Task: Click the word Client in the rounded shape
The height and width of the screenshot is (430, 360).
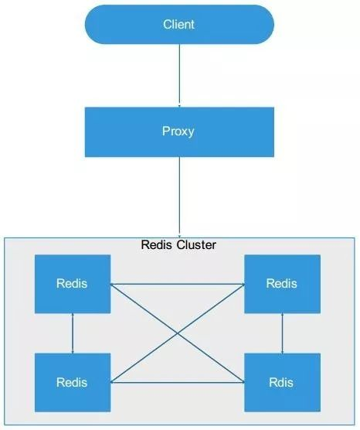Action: point(178,24)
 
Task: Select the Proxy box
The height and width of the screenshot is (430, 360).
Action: point(179,132)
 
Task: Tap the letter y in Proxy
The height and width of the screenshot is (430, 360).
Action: point(191,132)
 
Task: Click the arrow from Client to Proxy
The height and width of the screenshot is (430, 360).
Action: point(179,76)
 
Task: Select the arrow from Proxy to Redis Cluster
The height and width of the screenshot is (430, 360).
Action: point(179,197)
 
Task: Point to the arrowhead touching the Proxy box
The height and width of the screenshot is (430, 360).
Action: point(179,106)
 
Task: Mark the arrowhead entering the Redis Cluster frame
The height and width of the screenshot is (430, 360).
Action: point(179,237)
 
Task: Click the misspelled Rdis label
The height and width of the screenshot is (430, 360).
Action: point(281,383)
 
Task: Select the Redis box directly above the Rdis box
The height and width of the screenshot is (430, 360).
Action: point(283,284)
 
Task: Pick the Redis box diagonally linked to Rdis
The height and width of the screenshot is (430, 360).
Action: point(73,284)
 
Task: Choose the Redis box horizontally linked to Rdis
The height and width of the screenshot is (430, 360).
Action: point(73,383)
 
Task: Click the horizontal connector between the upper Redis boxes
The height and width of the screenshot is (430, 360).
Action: point(178,284)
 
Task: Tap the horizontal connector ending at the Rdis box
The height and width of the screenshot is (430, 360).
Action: point(178,382)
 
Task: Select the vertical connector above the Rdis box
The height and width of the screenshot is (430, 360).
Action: point(283,333)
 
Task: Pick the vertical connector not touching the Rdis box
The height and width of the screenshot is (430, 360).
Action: point(73,333)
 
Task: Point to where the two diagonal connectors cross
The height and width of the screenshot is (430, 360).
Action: point(178,333)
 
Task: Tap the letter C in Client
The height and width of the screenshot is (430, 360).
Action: point(167,24)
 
